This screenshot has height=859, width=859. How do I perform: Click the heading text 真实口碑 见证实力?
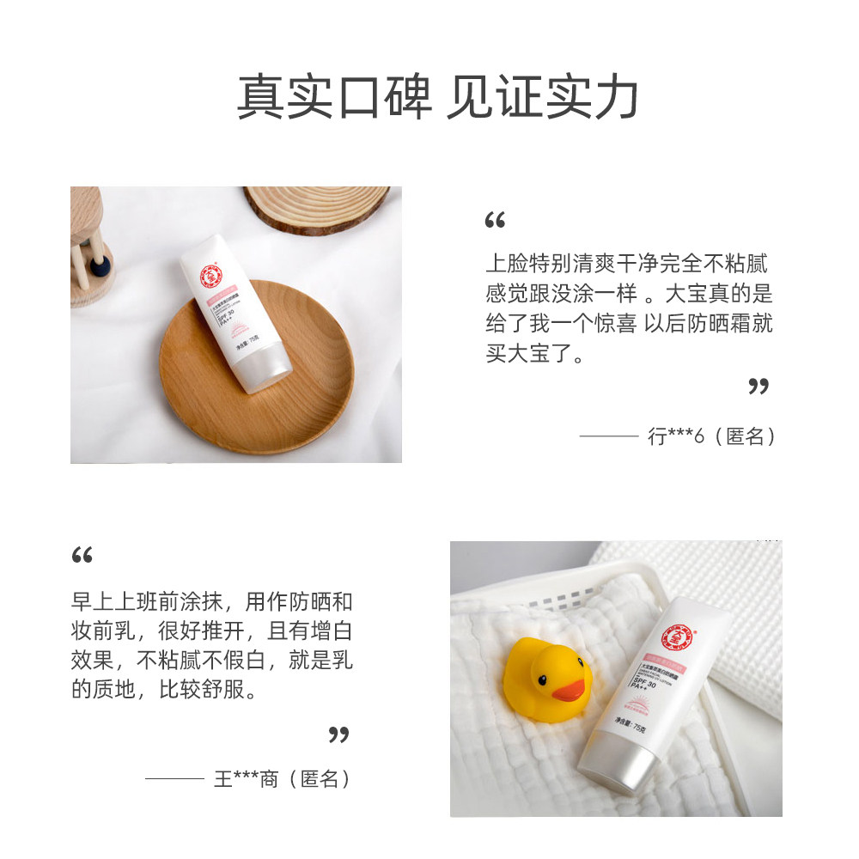pyautogui.click(x=437, y=97)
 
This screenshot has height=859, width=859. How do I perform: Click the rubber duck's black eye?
pyautogui.click(x=544, y=679)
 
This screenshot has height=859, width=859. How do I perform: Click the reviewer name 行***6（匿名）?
pyautogui.click(x=712, y=436)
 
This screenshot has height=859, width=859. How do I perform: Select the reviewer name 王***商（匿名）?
pyautogui.click(x=283, y=779)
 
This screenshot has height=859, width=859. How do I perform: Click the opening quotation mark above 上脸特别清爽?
pyautogui.click(x=495, y=222)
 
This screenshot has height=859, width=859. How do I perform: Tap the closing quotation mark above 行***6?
pyautogui.click(x=758, y=387)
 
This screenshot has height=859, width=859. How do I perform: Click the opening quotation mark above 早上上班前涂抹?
pyautogui.click(x=82, y=556)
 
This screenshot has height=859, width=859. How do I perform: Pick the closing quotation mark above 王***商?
pyautogui.click(x=339, y=734)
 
